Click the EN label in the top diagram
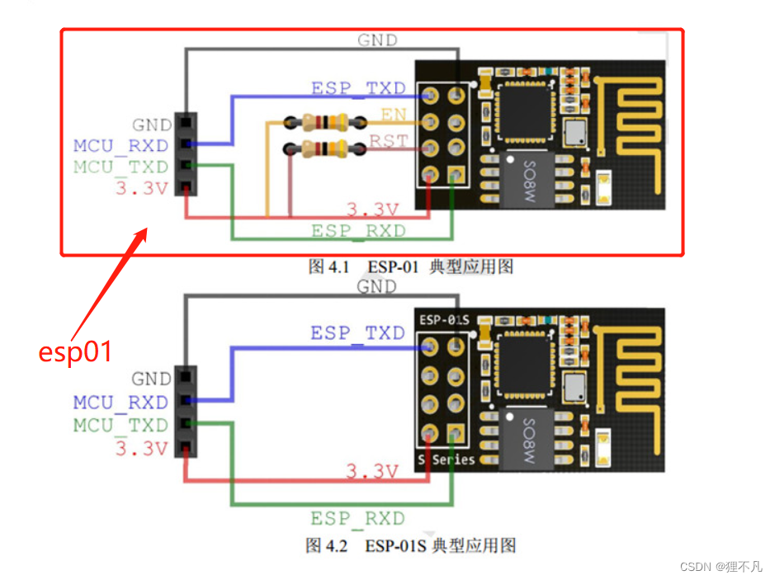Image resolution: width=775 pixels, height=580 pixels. pyautogui.click(x=393, y=115)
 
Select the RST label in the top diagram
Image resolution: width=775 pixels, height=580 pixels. pyautogui.click(x=388, y=141)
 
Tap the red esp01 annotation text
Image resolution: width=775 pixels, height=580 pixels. pyautogui.click(x=75, y=351)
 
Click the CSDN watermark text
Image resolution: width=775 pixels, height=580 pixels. pyautogui.click(x=721, y=567)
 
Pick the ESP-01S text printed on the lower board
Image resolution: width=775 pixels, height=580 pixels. pyautogui.click(x=444, y=319)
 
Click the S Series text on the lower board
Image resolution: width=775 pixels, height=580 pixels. pyautogui.click(x=447, y=459)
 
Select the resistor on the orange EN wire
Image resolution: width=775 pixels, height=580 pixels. pyautogui.click(x=325, y=123)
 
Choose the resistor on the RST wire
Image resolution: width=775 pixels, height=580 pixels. pyautogui.click(x=325, y=149)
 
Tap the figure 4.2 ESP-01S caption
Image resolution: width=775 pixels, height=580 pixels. pyautogui.click(x=411, y=545)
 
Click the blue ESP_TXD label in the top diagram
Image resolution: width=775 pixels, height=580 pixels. pyautogui.click(x=358, y=87)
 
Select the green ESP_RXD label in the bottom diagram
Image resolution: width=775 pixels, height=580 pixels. pyautogui.click(x=357, y=519)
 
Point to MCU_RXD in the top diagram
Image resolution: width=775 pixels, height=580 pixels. pyautogui.click(x=121, y=146)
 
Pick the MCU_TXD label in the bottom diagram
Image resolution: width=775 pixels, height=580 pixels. pyautogui.click(x=121, y=425)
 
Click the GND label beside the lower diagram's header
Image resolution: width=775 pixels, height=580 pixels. pyautogui.click(x=151, y=380)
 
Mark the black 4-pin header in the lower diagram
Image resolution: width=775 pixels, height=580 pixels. pyautogui.click(x=186, y=413)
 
